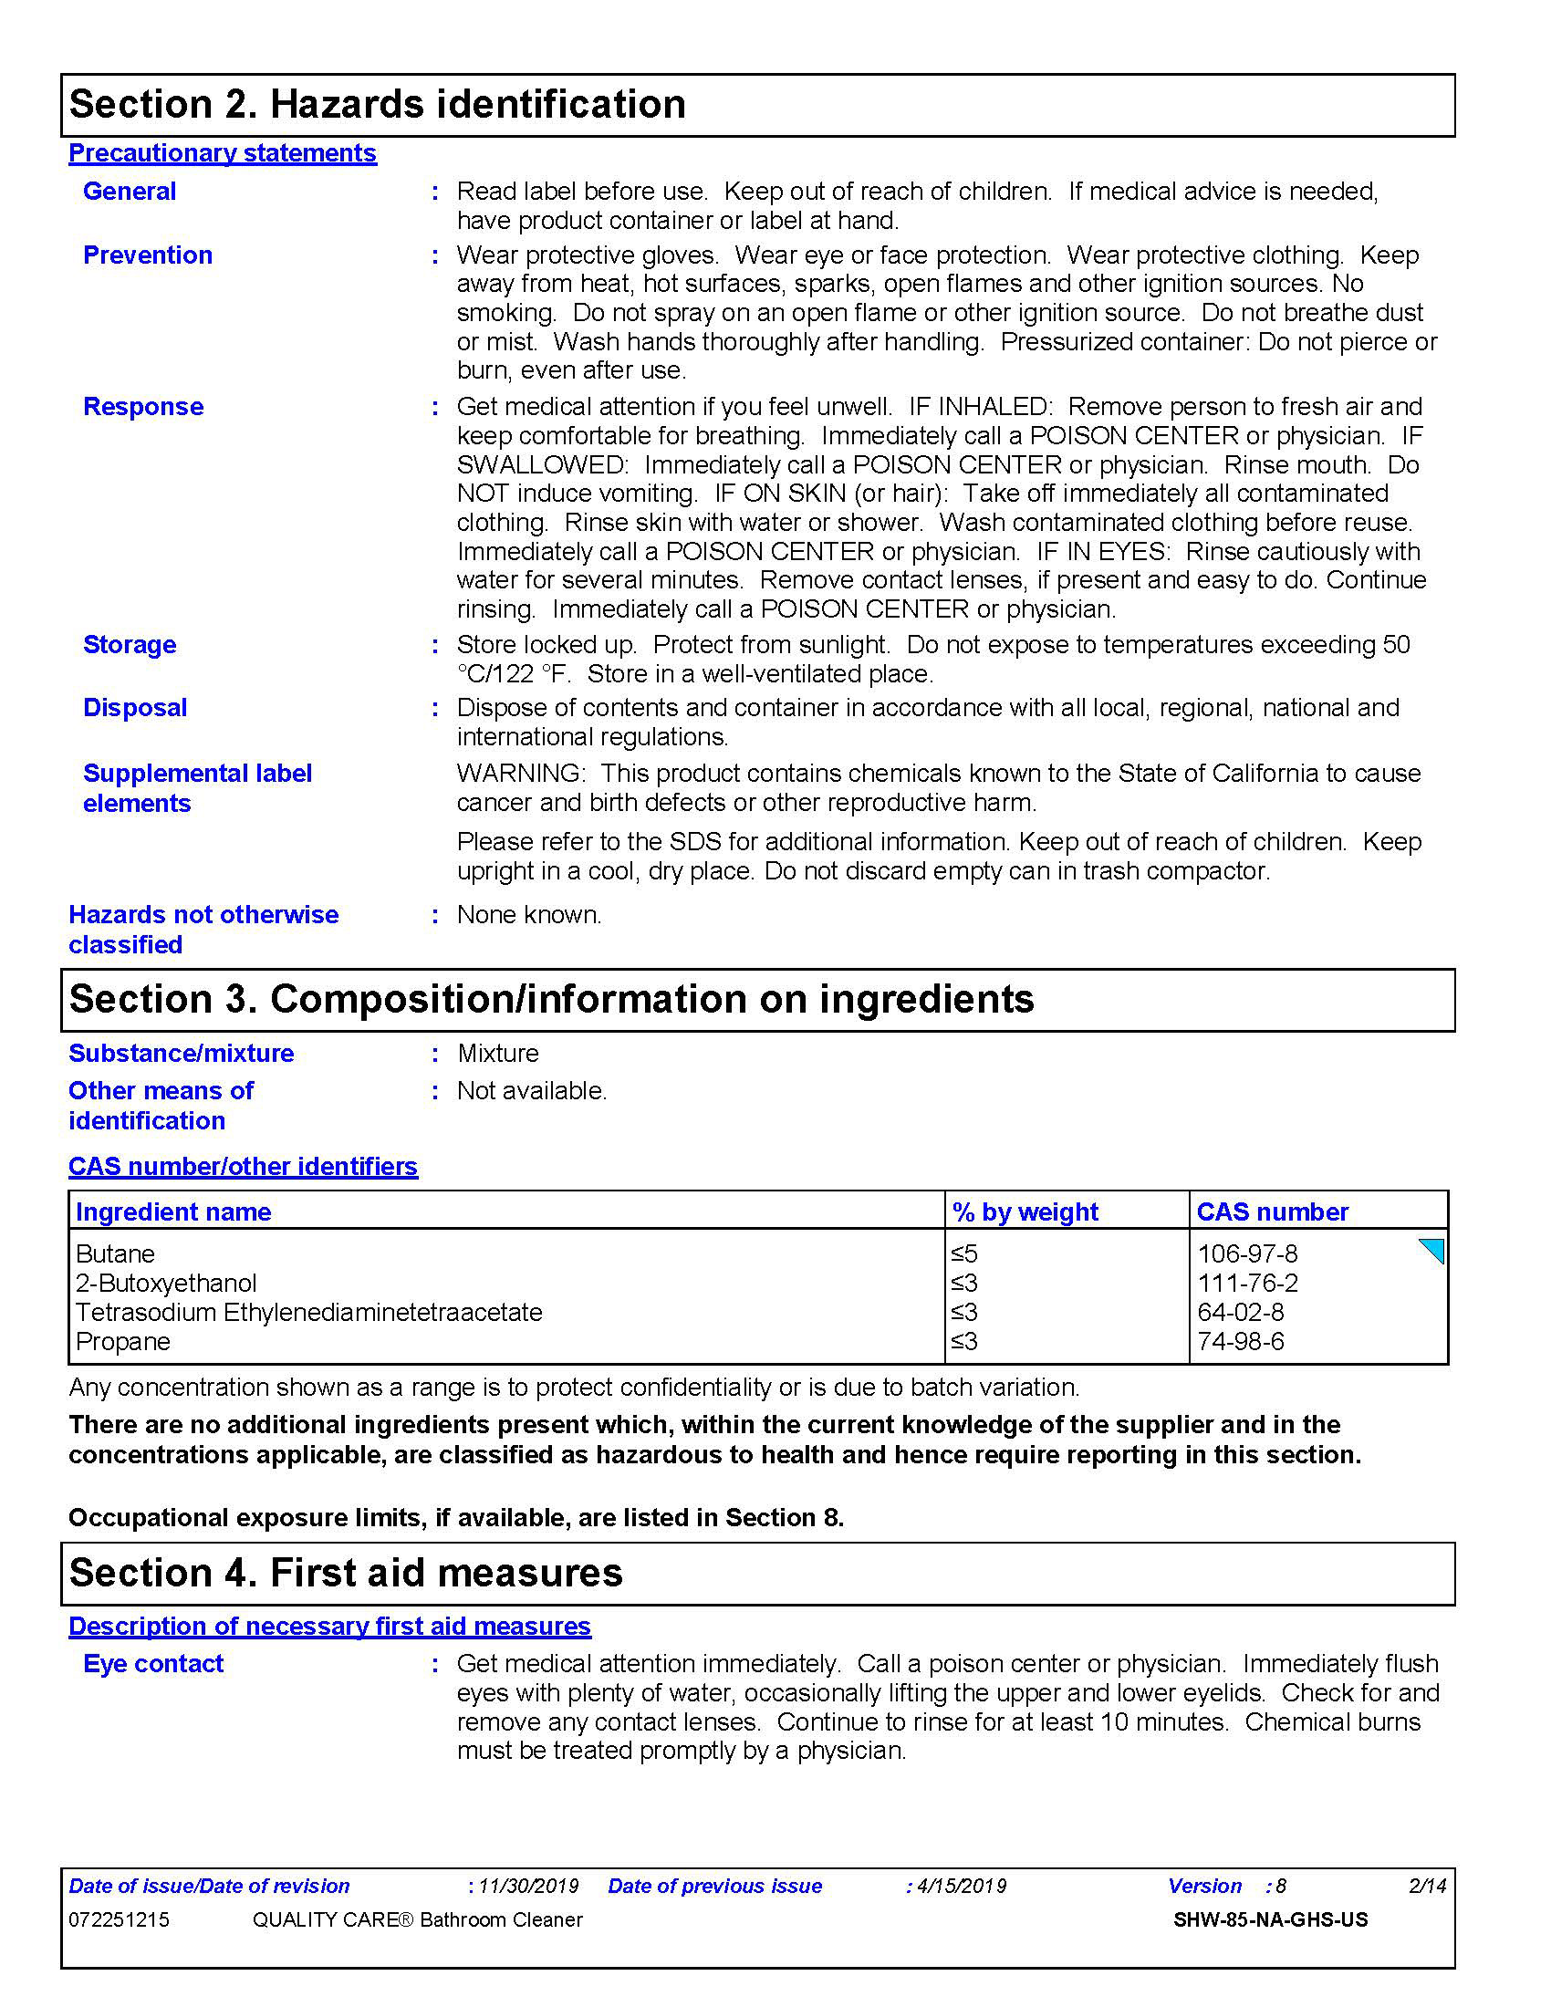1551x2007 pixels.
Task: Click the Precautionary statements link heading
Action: [223, 152]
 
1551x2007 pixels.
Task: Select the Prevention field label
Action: [147, 255]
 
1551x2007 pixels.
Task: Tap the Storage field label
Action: [130, 644]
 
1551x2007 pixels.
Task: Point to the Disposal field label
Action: [135, 708]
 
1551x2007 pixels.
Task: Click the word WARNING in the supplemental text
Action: [519, 773]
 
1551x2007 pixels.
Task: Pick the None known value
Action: [529, 914]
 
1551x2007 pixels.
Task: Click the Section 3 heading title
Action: [551, 999]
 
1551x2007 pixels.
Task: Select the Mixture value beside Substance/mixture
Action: [498, 1053]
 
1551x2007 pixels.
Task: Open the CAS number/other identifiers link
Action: [243, 1166]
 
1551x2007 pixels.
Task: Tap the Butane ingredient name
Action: [115, 1253]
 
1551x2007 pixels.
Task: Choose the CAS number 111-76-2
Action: [1247, 1283]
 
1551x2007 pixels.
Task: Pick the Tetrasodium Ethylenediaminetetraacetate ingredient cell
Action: [308, 1312]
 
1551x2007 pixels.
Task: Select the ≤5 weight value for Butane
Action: [963, 1253]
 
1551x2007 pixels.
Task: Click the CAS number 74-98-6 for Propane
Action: [1241, 1342]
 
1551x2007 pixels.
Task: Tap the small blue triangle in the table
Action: [1434, 1250]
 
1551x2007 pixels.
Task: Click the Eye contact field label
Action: [152, 1663]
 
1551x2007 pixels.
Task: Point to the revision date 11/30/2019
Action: [528, 1886]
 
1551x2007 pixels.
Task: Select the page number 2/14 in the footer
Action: [1427, 1886]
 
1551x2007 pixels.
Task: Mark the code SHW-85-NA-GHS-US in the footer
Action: [1270, 1919]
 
